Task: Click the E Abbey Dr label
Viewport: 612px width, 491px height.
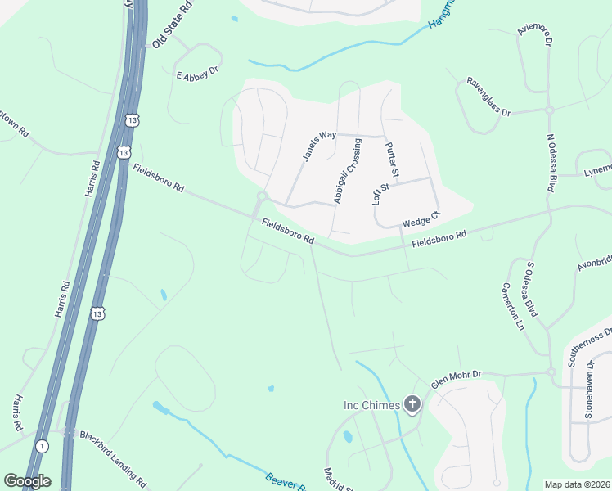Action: click(198, 74)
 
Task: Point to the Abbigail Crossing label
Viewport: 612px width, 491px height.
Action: click(347, 171)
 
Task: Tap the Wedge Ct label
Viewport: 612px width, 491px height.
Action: click(421, 220)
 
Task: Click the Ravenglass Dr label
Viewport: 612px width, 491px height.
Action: click(488, 97)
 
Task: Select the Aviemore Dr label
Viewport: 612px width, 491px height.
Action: click(535, 40)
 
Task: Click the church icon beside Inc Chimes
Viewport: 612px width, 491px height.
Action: click(412, 404)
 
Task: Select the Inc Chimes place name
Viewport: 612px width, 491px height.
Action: click(371, 405)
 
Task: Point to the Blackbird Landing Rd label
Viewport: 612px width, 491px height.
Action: click(112, 457)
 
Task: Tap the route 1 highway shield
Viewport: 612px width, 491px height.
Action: click(42, 446)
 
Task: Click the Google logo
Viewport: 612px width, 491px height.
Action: click(27, 480)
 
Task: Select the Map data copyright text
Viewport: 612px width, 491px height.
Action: click(577, 484)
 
